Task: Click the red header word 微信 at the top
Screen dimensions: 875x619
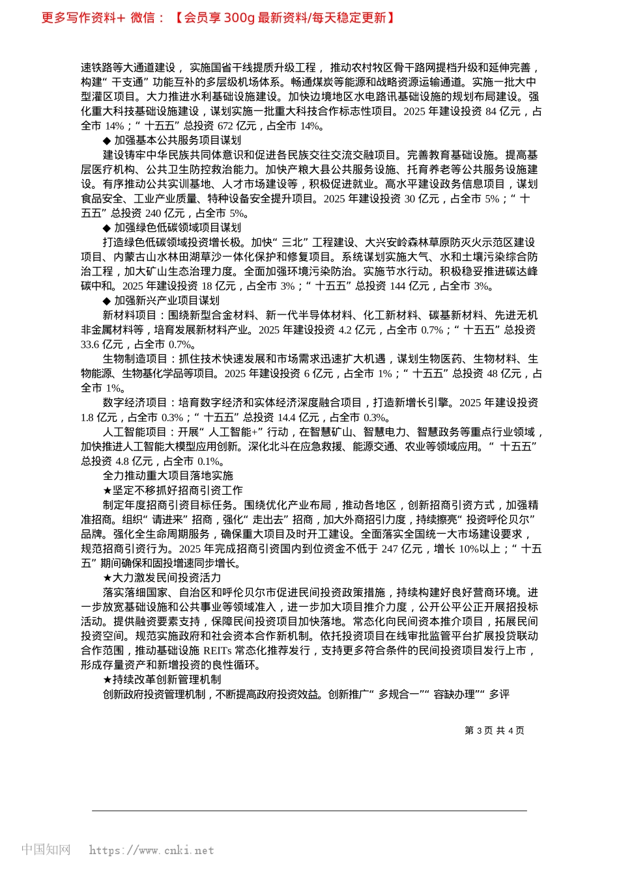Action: pyautogui.click(x=142, y=18)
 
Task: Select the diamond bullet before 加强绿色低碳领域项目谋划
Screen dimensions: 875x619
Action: pyautogui.click(x=107, y=228)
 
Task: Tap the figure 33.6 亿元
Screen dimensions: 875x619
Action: pyautogui.click(x=102, y=344)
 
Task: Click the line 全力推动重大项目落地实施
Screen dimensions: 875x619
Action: pyautogui.click(x=167, y=476)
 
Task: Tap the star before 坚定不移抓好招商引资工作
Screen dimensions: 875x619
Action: pyautogui.click(x=108, y=490)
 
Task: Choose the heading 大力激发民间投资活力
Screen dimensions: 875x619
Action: pyautogui.click(x=167, y=577)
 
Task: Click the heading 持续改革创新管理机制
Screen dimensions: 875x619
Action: pyautogui.click(x=167, y=680)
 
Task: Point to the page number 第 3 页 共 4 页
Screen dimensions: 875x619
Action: pyautogui.click(x=494, y=730)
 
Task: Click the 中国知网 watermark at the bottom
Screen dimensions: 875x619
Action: pyautogui.click(x=46, y=850)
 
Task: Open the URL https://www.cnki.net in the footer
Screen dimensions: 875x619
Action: pyautogui.click(x=151, y=850)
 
